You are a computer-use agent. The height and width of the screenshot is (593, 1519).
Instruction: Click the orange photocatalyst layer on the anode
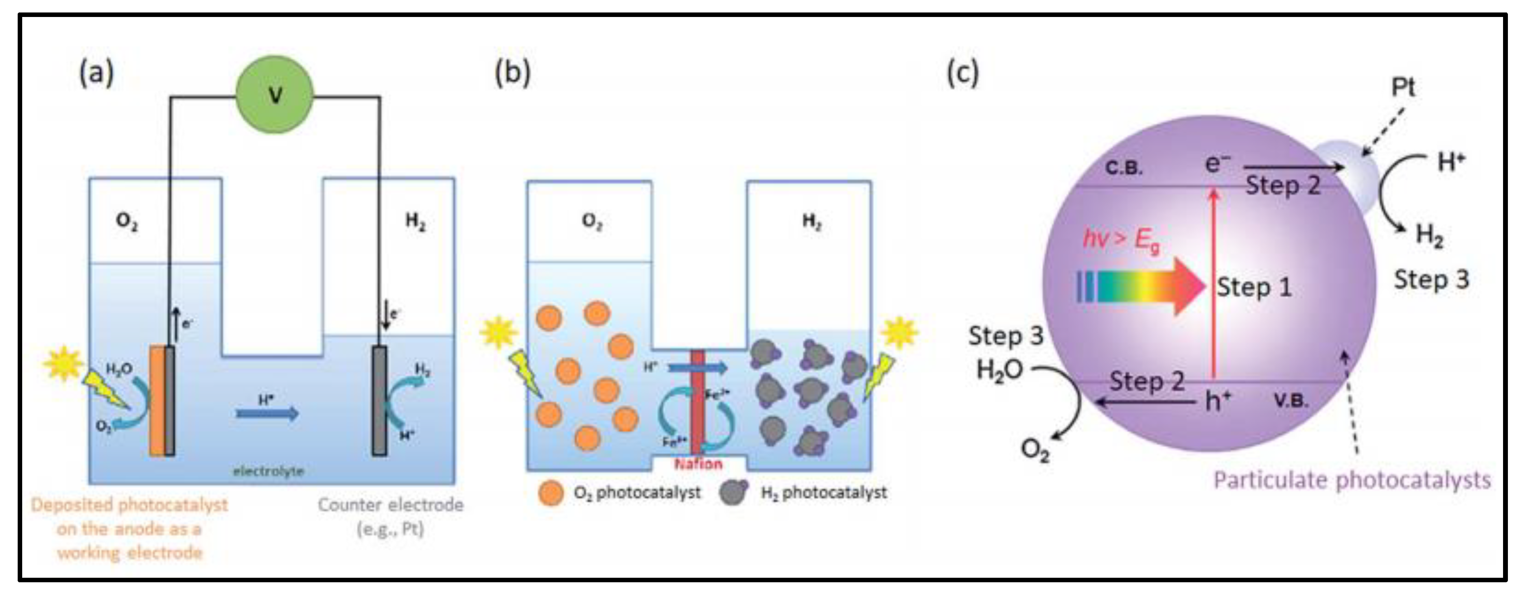pos(157,401)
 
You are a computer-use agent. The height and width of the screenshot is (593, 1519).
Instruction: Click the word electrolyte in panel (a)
pos(268,471)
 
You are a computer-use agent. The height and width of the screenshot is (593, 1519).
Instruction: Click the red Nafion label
pos(698,464)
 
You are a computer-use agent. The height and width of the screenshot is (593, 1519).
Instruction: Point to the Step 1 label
pos(1254,288)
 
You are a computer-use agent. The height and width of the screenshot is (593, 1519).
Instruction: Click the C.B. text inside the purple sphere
pos(1123,168)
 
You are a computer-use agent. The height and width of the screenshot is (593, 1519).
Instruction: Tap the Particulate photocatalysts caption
pos(1352,480)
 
